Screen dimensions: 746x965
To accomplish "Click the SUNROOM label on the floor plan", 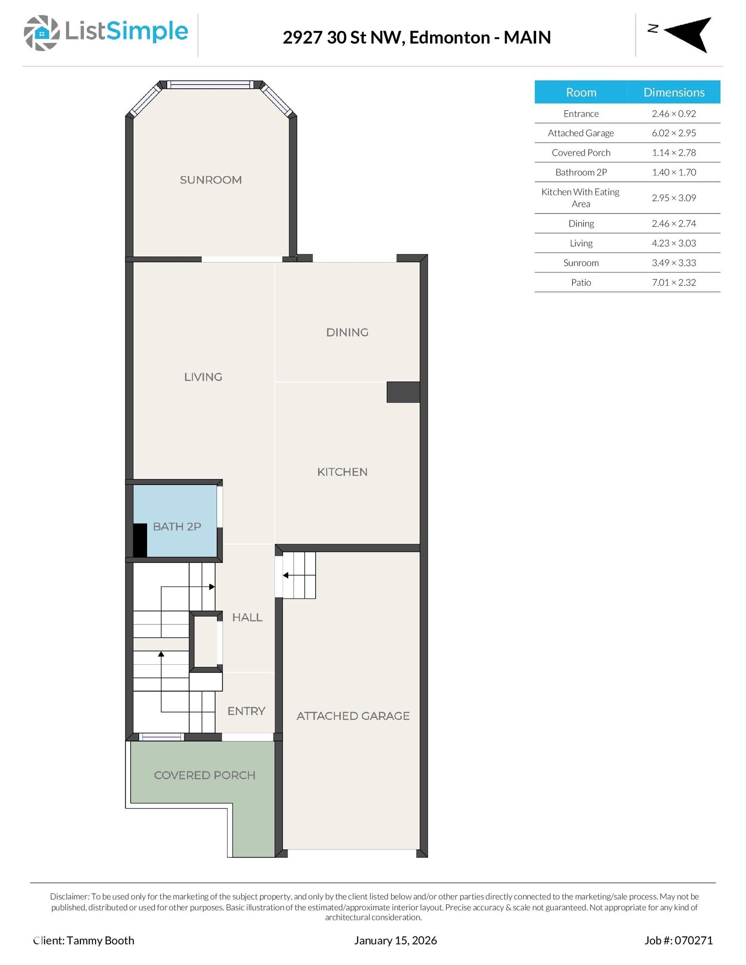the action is point(210,180).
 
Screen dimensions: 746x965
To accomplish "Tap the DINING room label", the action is point(347,332).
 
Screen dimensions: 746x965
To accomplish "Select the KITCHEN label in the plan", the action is point(342,472).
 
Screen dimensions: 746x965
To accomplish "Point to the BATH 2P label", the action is point(177,526).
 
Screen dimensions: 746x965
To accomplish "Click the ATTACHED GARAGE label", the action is point(353,716).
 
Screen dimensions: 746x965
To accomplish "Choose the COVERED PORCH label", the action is point(205,775).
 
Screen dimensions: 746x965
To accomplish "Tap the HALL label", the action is point(247,617).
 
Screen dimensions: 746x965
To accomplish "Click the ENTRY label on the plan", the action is point(246,711).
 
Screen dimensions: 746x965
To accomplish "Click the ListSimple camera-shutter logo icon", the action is point(41,33).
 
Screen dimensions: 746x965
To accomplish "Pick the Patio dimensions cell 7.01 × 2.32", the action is point(673,282).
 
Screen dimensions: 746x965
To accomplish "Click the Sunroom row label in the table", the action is point(580,263).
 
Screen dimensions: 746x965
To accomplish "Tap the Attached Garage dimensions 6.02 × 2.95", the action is point(673,133).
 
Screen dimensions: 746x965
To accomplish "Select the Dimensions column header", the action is point(673,92).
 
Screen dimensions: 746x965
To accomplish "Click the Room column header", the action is point(580,92).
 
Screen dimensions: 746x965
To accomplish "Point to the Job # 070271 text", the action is point(679,940).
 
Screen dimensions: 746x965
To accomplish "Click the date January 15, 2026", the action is point(395,940).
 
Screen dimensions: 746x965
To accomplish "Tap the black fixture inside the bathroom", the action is point(140,540).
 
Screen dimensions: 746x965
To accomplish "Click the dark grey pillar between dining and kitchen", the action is point(403,392).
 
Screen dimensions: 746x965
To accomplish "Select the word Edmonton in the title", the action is point(449,38).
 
